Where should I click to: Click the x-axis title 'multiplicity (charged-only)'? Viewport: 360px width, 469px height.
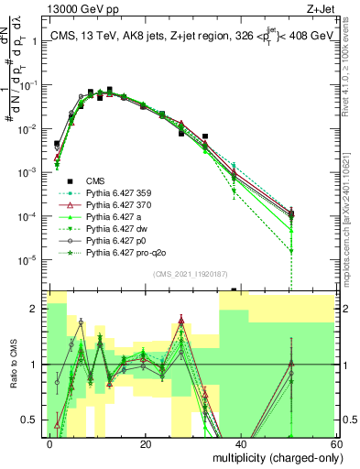(x=270, y=457)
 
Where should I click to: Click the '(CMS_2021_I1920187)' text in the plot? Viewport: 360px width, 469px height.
(x=189, y=274)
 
